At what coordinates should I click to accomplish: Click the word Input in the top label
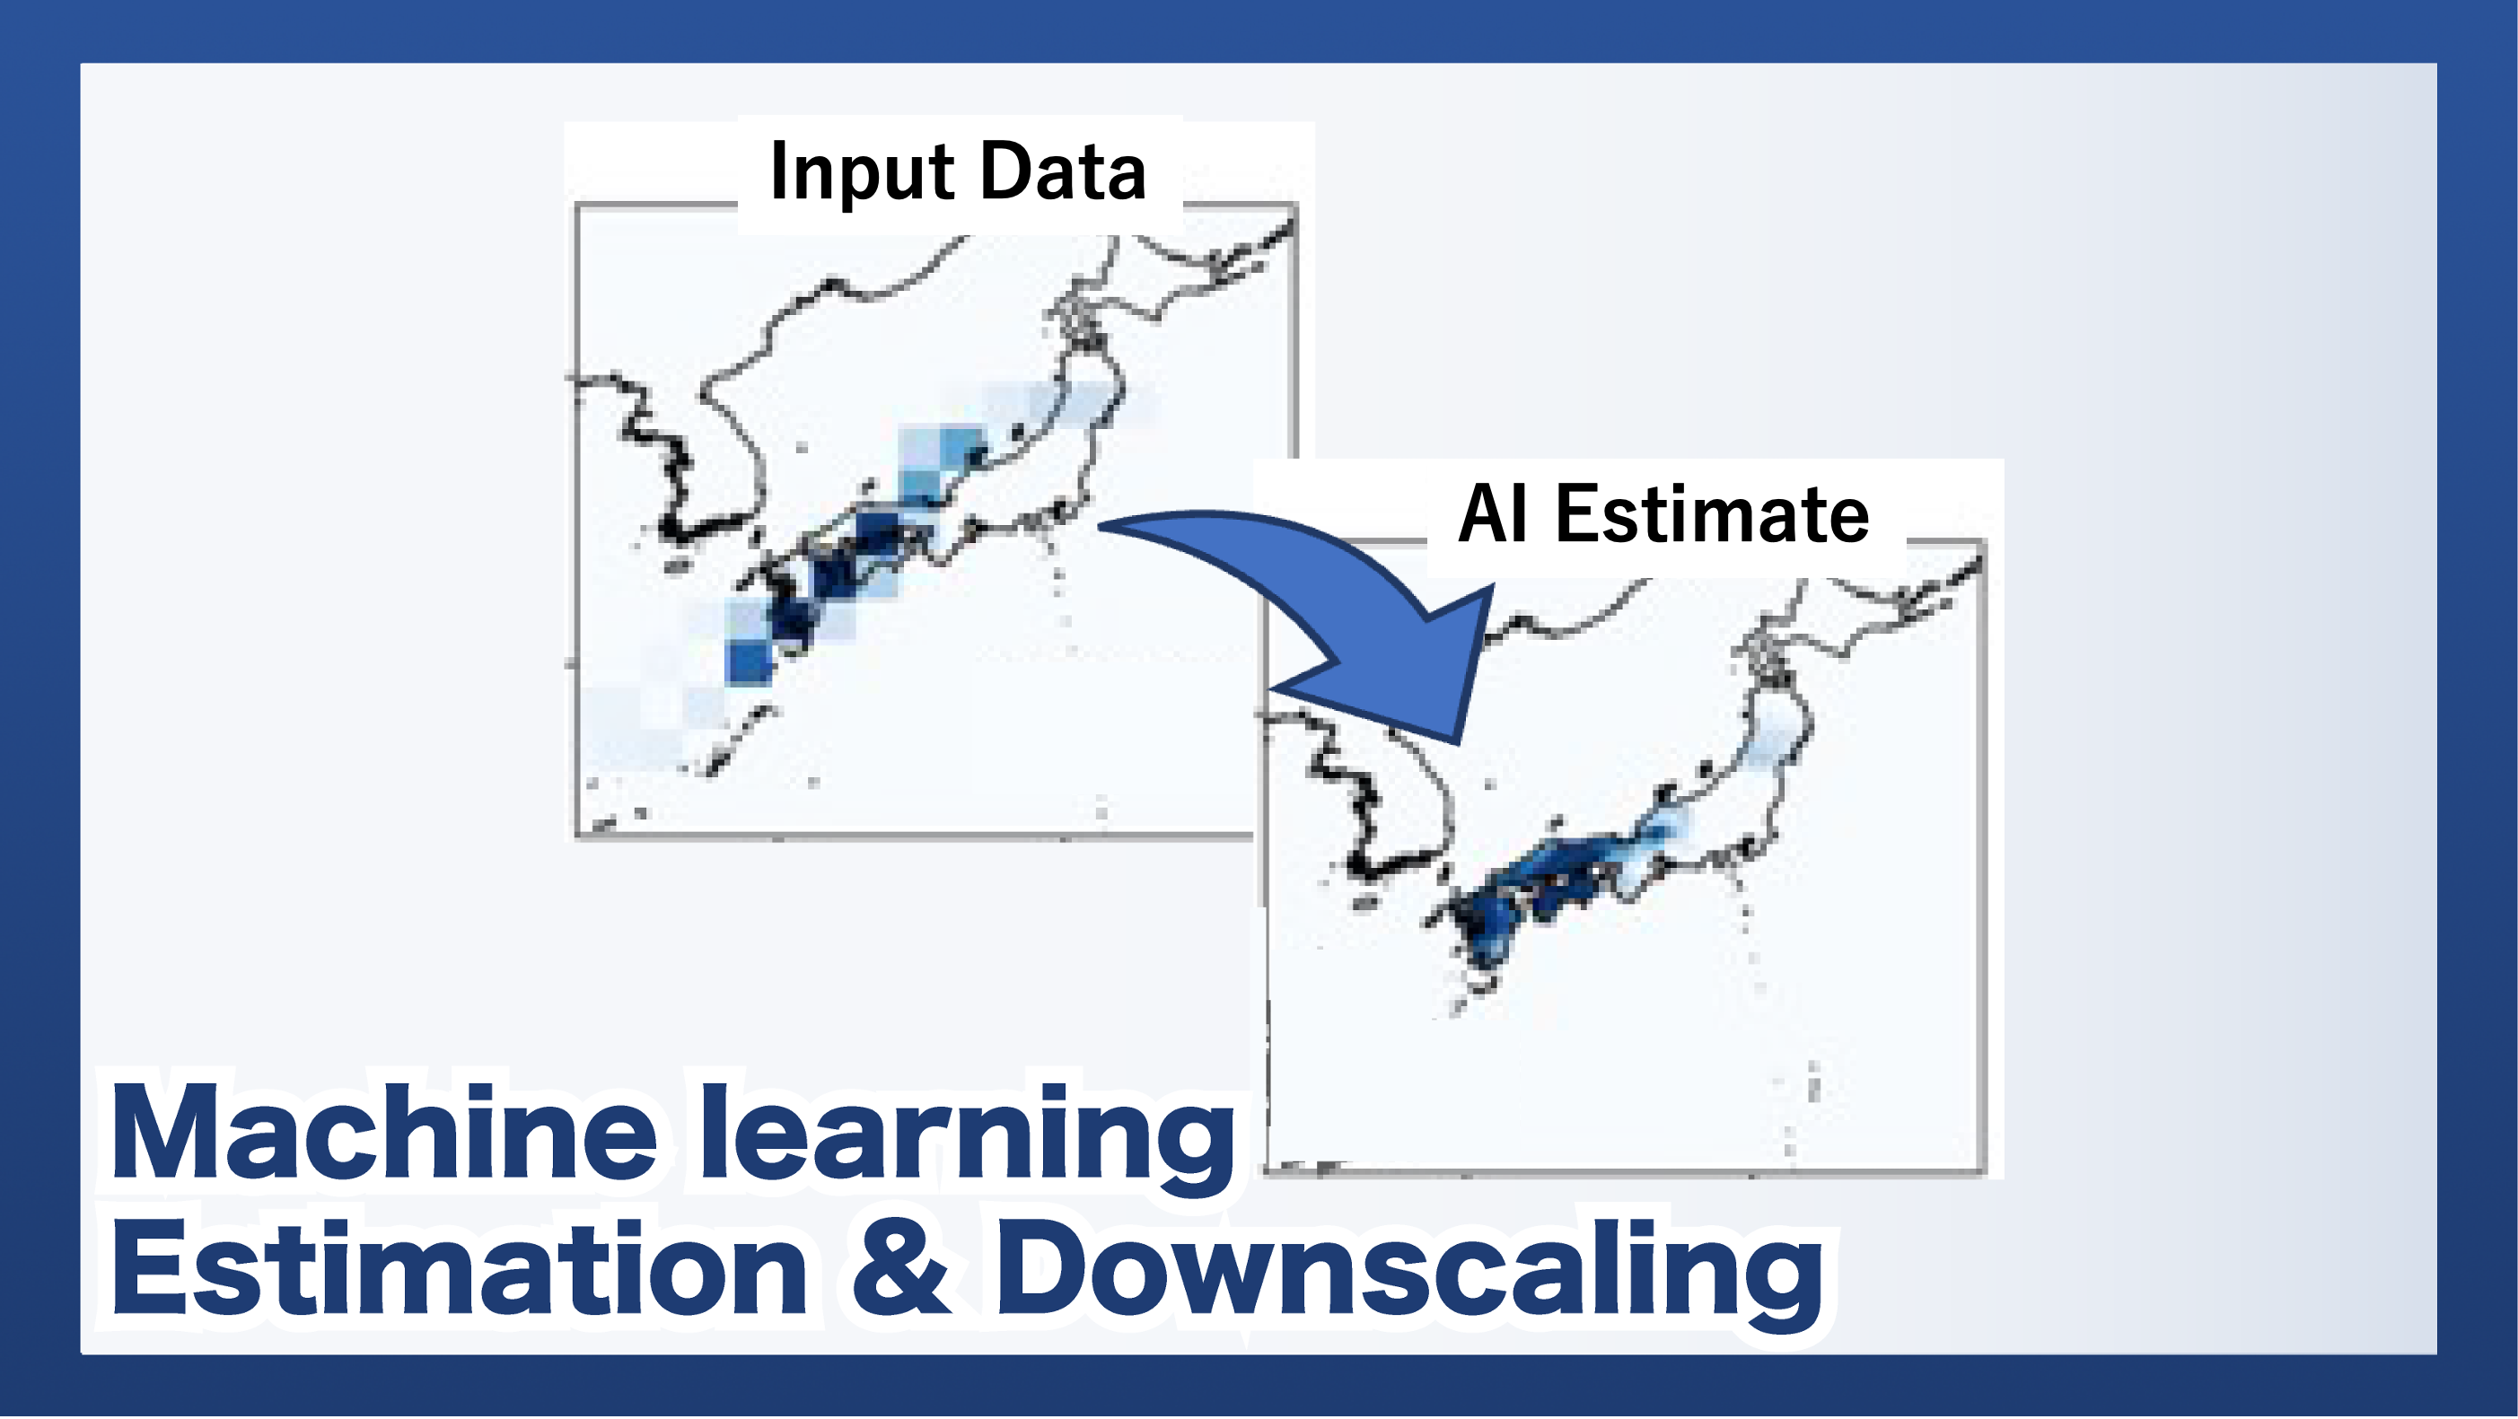pyautogui.click(x=861, y=174)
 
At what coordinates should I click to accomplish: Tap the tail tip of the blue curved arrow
pyautogui.click(x=1101, y=526)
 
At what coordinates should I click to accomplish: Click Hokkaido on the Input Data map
pyautogui.click(x=1192, y=273)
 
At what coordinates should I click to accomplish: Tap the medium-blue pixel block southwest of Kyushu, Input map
pyautogui.click(x=750, y=661)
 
